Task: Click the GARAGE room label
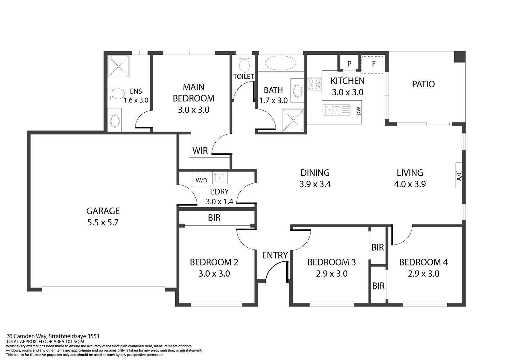tap(103, 211)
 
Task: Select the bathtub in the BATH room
tap(281, 63)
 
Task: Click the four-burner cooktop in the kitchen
tap(315, 84)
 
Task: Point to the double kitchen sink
tap(337, 110)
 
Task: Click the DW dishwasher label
tap(359, 111)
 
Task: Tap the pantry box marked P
tap(349, 64)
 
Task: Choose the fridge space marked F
tap(372, 65)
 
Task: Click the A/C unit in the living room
tap(459, 175)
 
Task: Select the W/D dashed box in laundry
tap(201, 180)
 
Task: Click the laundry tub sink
tap(220, 178)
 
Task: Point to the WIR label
tap(200, 151)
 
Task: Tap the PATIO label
tap(423, 84)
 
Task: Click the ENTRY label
tap(275, 255)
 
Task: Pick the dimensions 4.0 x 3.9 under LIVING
tap(410, 184)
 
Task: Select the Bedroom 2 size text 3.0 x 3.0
tap(214, 274)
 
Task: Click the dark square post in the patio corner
tap(460, 57)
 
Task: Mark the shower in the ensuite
tap(118, 67)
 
